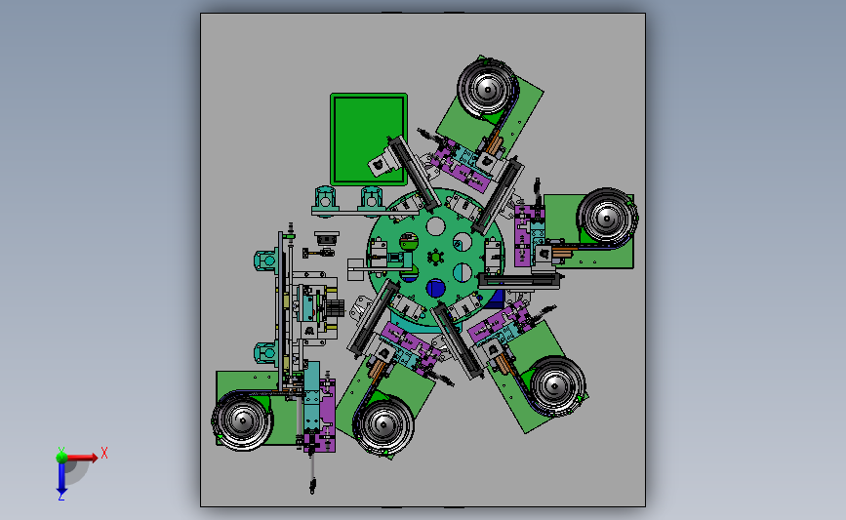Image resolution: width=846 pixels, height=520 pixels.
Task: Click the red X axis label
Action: point(104,453)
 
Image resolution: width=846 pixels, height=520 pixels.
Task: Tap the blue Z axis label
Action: point(61,497)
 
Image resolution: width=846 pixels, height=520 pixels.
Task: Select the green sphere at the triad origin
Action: point(61,456)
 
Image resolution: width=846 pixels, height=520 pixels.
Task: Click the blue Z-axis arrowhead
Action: point(61,485)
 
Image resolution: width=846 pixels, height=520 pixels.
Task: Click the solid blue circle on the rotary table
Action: point(435,289)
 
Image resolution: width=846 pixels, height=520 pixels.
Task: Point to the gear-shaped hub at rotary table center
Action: point(435,258)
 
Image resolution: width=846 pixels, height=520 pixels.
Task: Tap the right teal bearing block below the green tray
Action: point(371,198)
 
